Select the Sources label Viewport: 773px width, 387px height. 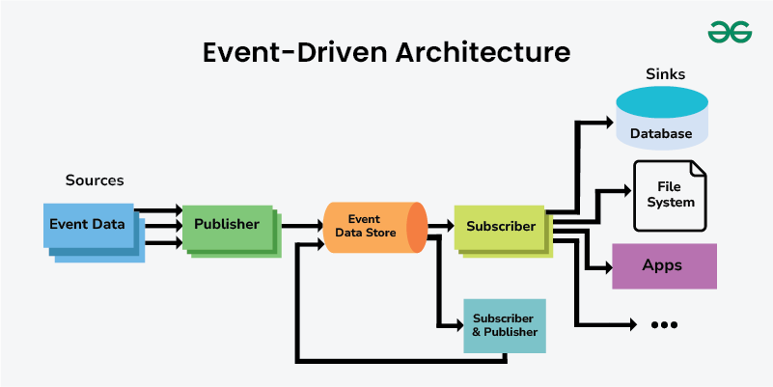coord(95,180)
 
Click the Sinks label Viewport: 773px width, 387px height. coord(665,74)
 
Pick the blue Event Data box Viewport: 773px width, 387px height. coord(88,225)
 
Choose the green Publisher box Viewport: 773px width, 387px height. coord(227,225)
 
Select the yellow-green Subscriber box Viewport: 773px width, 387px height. coord(500,227)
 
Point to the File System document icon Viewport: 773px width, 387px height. coord(671,196)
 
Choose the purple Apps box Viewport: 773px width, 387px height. coord(664,265)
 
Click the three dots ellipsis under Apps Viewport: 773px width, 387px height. coord(664,324)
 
